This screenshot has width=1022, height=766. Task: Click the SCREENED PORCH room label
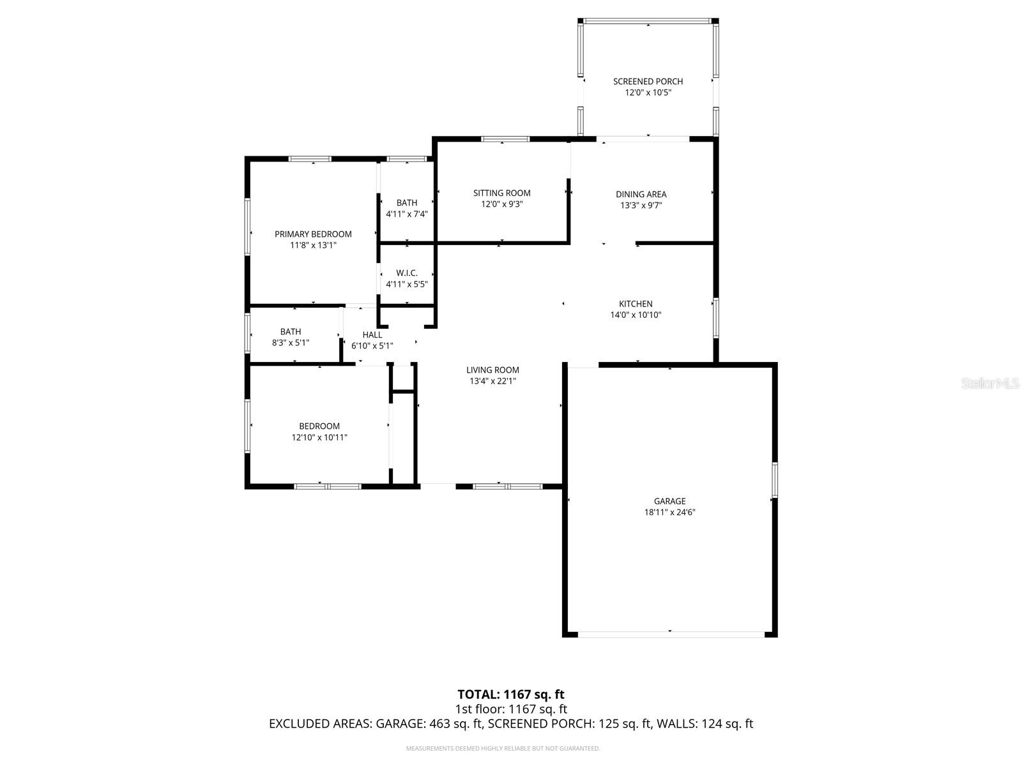[648, 81]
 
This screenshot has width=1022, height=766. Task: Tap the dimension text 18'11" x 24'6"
[669, 512]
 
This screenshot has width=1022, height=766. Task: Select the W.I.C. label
[406, 273]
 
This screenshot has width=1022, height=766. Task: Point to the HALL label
[372, 334]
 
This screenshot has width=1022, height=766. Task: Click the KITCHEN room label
[636, 304]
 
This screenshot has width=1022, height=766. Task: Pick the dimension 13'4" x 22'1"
[492, 381]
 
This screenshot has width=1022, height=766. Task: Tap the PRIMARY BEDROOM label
[313, 234]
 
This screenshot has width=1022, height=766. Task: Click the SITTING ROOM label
[501, 193]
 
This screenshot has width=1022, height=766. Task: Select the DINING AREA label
[641, 194]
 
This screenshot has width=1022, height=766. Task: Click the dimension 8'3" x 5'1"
[291, 343]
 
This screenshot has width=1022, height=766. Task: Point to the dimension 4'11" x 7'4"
[406, 214]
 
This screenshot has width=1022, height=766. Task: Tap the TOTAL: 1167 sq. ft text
[510, 694]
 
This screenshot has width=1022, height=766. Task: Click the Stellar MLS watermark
[991, 383]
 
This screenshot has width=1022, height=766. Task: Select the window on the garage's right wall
[775, 480]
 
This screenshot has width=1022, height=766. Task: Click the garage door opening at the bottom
[671, 634]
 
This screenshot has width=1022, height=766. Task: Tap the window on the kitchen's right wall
[715, 318]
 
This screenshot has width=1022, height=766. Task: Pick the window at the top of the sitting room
[505, 139]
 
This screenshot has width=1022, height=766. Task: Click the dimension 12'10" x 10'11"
[319, 437]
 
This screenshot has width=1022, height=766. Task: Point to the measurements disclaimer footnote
[503, 748]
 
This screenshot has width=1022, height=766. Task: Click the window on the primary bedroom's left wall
[247, 227]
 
